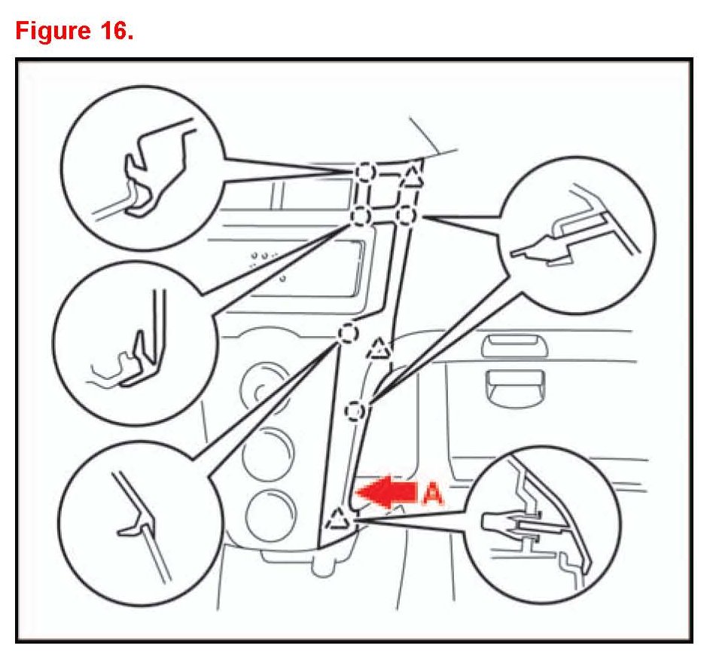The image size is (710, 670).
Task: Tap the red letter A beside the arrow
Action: tap(433, 493)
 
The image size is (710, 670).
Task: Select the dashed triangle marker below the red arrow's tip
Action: tap(337, 519)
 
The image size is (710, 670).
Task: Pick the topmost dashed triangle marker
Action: tap(412, 177)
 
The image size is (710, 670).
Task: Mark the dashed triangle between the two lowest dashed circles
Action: tap(379, 349)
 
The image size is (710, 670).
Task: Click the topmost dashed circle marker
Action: tap(364, 173)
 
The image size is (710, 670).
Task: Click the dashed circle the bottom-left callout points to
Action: tap(347, 332)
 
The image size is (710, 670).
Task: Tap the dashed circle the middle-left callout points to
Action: tap(360, 217)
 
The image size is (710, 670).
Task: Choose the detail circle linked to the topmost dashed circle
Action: tap(143, 167)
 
